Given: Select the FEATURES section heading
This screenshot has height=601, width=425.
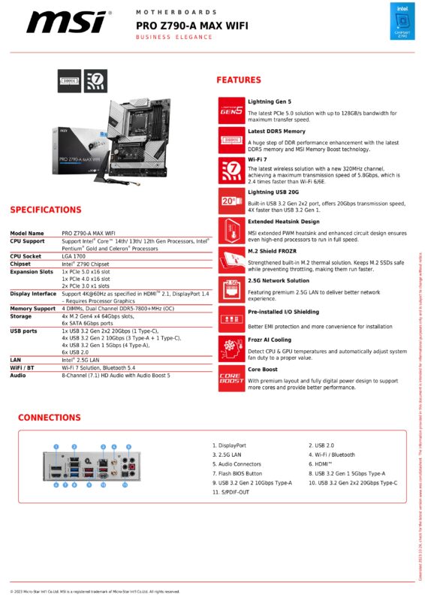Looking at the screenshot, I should (238, 80).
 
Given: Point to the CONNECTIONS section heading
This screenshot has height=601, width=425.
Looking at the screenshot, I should (50, 417).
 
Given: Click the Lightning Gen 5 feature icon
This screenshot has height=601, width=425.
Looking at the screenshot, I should (231, 110).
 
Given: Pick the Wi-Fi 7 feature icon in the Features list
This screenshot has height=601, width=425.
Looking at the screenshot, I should (231, 169).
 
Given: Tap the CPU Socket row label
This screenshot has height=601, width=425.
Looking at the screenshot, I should (27, 256).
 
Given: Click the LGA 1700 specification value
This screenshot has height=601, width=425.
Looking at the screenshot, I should (77, 256).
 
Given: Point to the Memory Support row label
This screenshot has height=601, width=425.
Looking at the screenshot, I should (32, 308).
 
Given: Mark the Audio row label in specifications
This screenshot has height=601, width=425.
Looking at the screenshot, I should (18, 375).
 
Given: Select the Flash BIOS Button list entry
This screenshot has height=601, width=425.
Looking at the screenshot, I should (237, 474).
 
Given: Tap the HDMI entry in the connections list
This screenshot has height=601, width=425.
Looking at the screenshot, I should (324, 465).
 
